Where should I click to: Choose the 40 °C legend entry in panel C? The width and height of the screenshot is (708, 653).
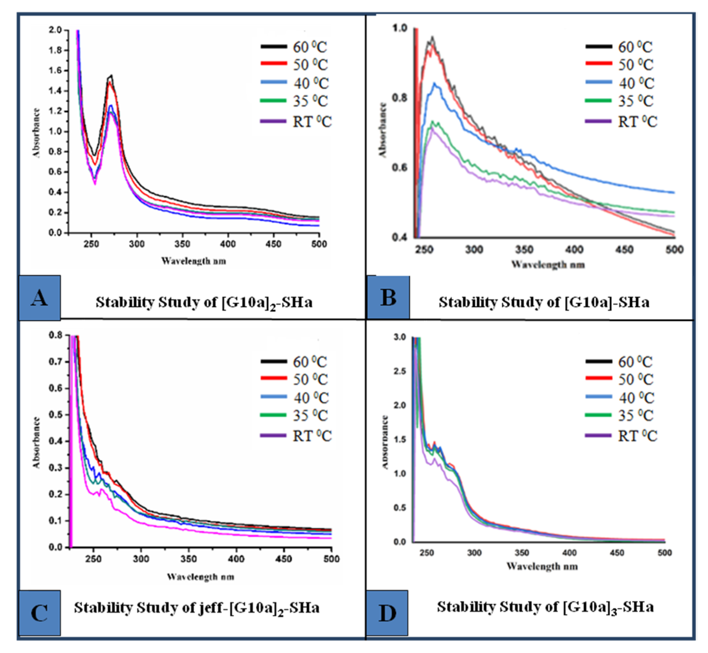[x=295, y=397]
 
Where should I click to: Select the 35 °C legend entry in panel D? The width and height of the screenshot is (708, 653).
[x=620, y=415]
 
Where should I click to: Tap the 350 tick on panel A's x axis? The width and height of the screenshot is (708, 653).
[x=182, y=244]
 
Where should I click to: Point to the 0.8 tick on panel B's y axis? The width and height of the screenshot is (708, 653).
[x=400, y=98]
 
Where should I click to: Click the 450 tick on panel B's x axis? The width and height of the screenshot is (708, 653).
[x=624, y=249]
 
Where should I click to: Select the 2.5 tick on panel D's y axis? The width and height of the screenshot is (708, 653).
[x=400, y=371]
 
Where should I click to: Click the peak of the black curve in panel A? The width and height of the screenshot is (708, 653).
[x=111, y=75]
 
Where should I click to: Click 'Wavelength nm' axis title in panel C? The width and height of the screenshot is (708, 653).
[x=200, y=577]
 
